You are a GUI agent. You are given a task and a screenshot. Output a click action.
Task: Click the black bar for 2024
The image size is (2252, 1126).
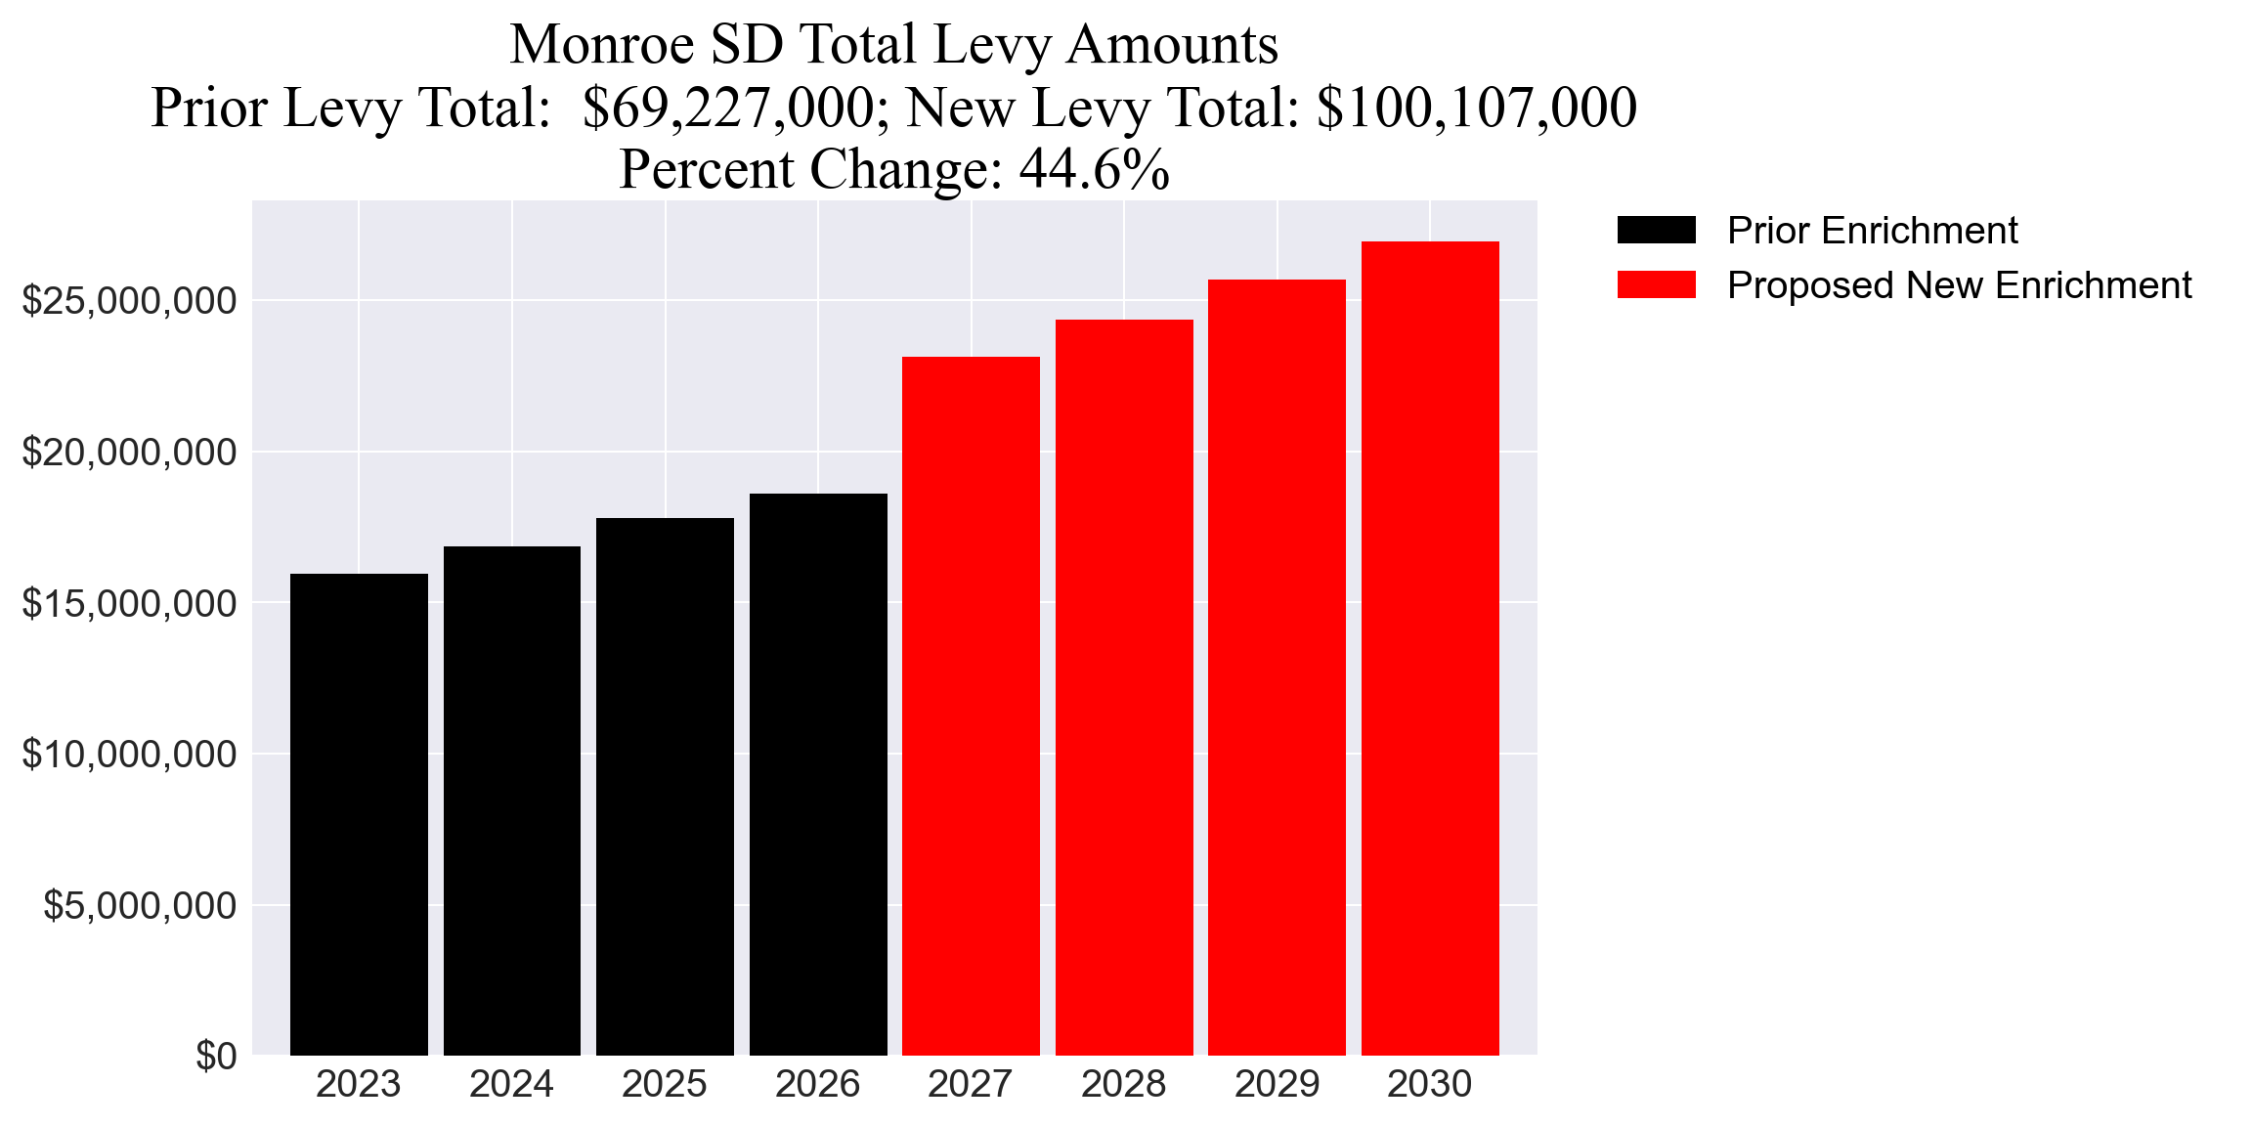pos(512,801)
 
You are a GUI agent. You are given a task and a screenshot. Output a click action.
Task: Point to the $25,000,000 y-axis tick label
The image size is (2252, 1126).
pos(129,301)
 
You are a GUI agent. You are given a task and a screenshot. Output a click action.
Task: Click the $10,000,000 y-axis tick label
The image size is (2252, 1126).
pos(129,755)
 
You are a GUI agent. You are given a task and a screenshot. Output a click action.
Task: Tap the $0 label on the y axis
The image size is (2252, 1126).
pos(216,1057)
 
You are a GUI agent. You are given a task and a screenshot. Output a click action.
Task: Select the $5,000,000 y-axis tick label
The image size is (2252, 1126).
pos(140,906)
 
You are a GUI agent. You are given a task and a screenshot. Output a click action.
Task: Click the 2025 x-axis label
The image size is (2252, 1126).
pos(665,1085)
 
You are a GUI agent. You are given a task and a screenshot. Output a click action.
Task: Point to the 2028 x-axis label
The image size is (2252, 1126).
pos(1124,1085)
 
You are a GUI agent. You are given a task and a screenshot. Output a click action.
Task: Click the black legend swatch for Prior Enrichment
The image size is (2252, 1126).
pos(1656,231)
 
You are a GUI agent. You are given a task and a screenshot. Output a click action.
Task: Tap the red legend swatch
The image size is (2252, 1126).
pos(1656,285)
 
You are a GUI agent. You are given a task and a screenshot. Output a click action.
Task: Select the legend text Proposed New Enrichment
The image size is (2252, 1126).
pos(1959,285)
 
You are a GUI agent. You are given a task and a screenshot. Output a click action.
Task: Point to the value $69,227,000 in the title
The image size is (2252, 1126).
pos(728,108)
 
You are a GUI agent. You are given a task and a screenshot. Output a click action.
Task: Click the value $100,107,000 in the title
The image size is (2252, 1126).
pos(1476,108)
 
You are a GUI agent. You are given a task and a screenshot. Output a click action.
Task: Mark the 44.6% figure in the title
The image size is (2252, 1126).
pos(1094,170)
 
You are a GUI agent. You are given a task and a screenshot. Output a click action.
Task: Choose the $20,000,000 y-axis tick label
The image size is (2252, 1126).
pos(129,453)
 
